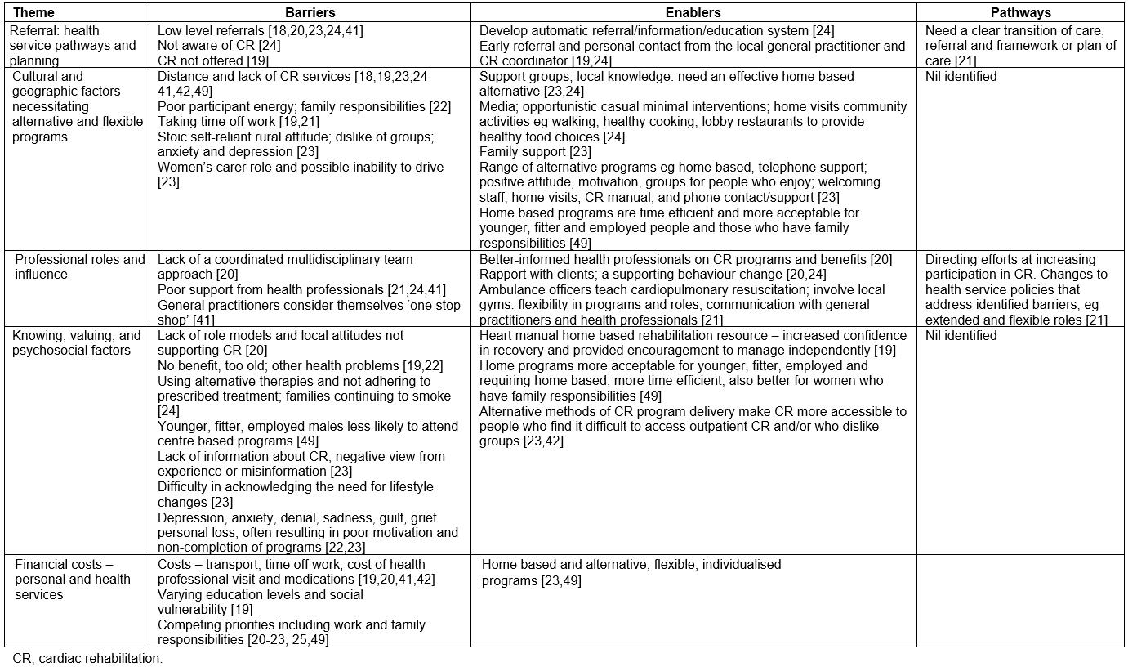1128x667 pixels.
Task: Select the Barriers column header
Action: (x=310, y=13)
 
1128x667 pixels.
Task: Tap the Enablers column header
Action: (x=693, y=13)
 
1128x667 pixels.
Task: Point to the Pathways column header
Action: (x=1020, y=13)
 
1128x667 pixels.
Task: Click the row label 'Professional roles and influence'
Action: (x=79, y=266)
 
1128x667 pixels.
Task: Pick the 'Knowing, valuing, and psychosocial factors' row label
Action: (x=78, y=342)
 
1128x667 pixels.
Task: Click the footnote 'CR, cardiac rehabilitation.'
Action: (x=87, y=658)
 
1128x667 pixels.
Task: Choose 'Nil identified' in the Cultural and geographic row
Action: (x=961, y=76)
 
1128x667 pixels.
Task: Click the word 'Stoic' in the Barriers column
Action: (x=173, y=137)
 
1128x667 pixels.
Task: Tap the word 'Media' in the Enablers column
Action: (x=497, y=106)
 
